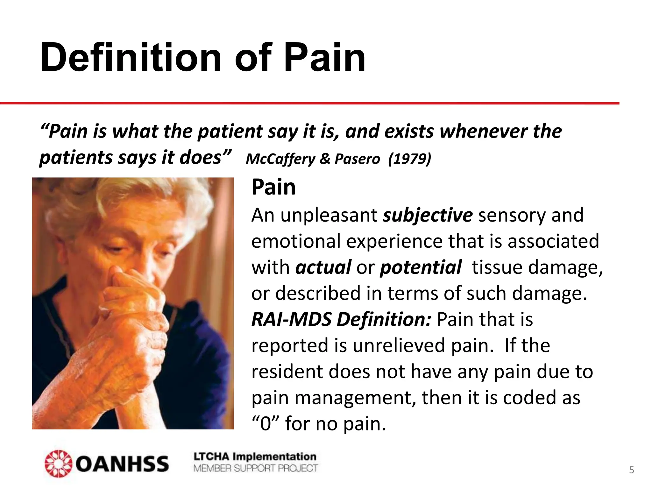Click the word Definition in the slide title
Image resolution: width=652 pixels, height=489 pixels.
(131, 58)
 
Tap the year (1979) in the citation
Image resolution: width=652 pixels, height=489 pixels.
(409, 159)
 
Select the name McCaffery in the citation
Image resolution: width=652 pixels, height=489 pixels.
(280, 159)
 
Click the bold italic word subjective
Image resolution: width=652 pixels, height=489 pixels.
(428, 215)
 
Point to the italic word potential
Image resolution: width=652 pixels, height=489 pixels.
(421, 267)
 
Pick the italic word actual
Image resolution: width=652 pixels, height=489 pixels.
(323, 267)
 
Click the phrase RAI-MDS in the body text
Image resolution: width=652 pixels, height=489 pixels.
(291, 319)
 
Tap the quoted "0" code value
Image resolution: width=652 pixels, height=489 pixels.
(266, 424)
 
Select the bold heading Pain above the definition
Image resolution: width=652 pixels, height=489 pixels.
(273, 187)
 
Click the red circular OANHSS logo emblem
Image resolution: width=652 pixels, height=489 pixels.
(58, 464)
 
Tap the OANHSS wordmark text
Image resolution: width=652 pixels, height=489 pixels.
(122, 464)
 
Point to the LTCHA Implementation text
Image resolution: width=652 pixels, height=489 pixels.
(255, 457)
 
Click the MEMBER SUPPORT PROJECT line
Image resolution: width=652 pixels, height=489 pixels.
(255, 468)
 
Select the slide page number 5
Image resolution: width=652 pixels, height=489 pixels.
(632, 470)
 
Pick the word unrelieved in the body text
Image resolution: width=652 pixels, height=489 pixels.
(399, 345)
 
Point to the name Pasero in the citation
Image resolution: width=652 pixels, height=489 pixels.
(357, 159)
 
